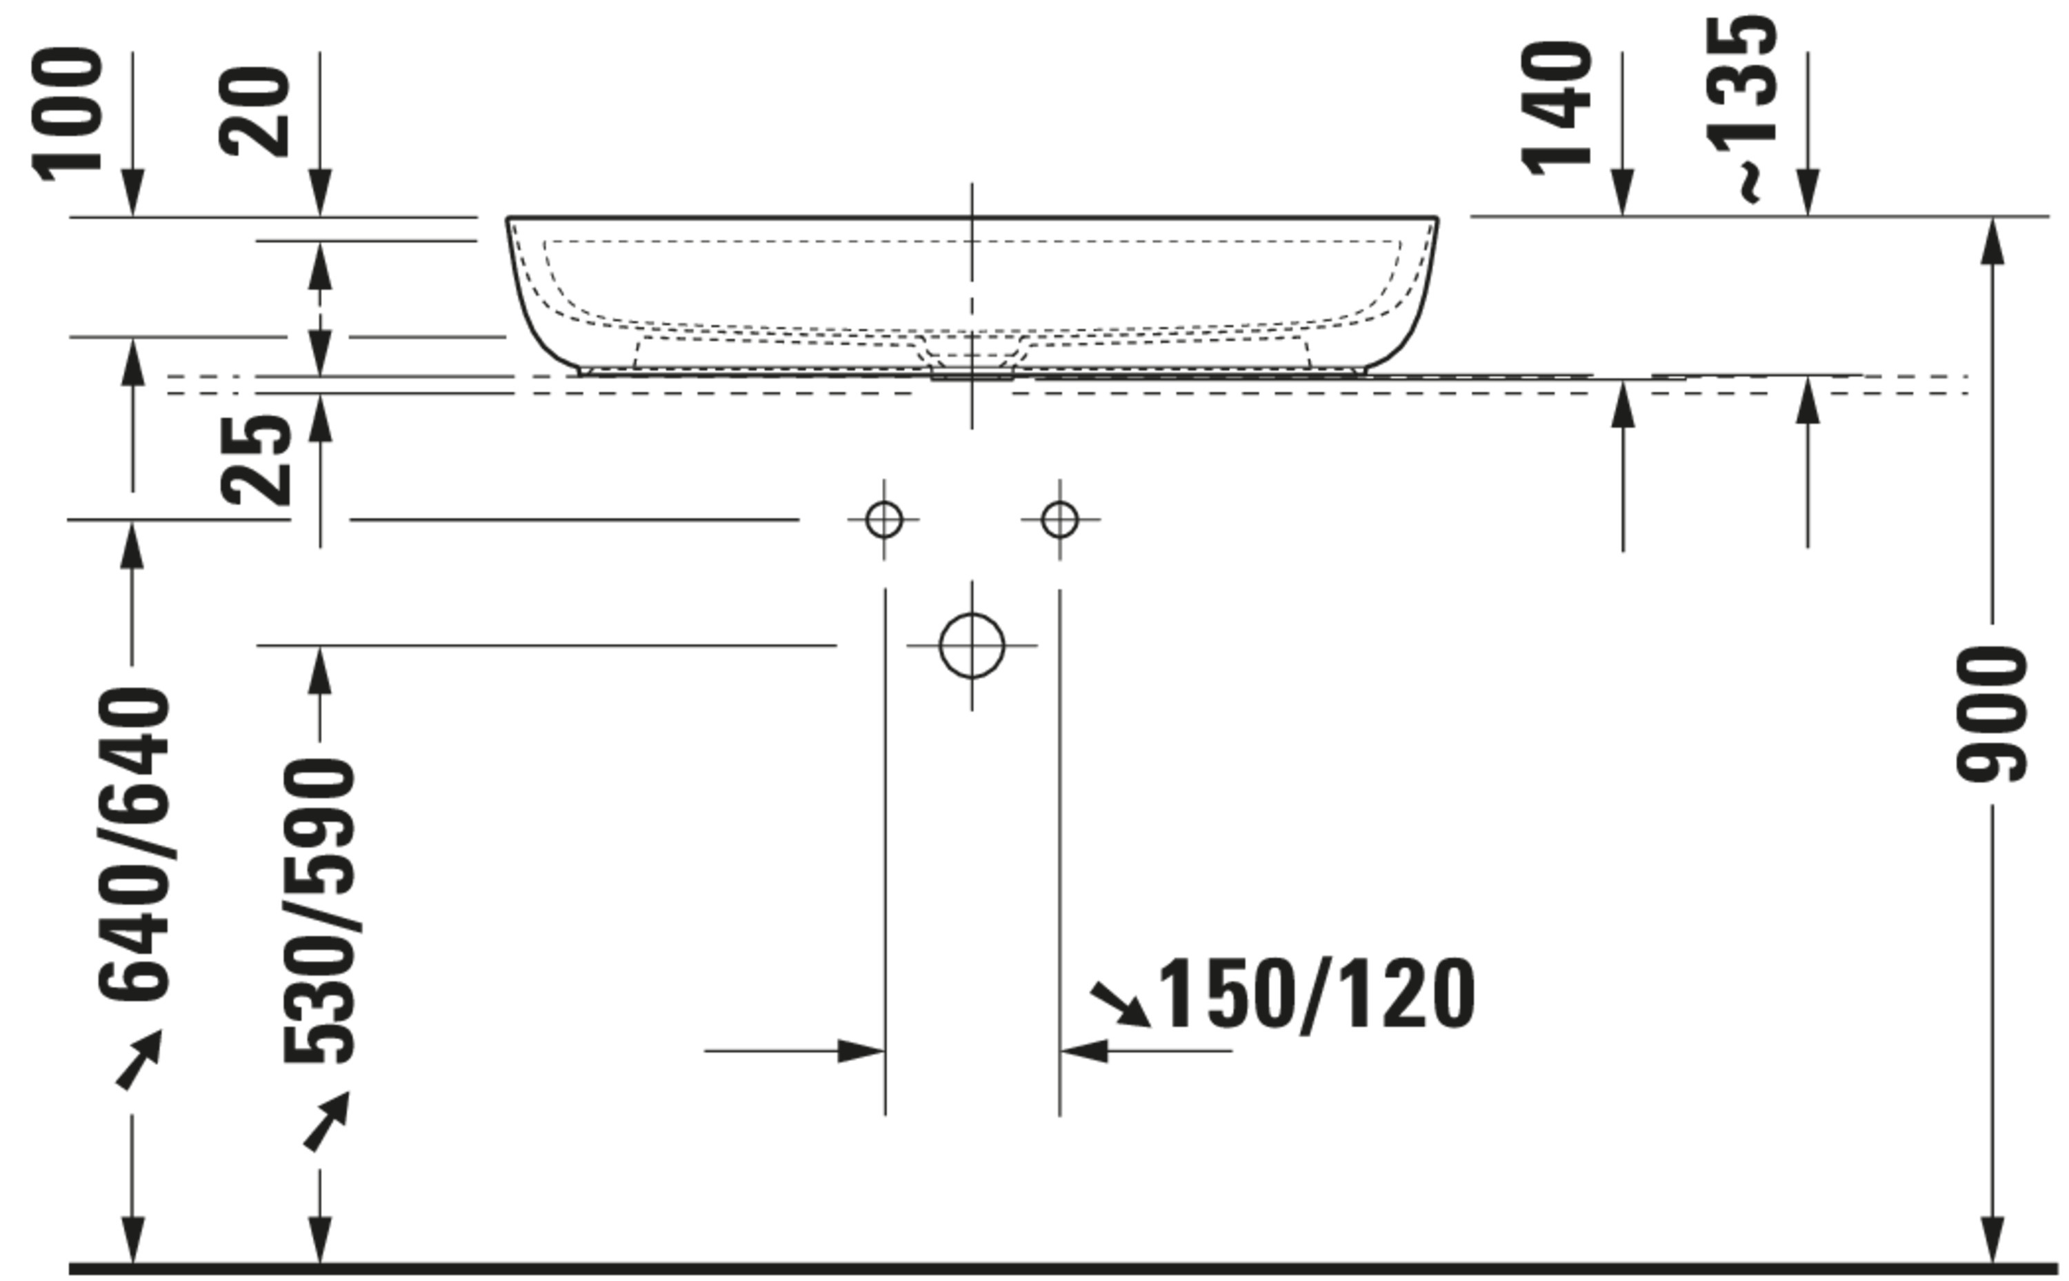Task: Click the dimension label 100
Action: [68, 115]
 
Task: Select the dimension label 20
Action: [254, 112]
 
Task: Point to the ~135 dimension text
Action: [1743, 108]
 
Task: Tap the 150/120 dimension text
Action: [1315, 995]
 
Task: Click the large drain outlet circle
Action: [972, 646]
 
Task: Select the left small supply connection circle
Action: [884, 519]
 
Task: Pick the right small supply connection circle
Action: [1059, 519]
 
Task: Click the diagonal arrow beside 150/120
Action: [1119, 1004]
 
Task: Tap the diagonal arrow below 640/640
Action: [139, 1059]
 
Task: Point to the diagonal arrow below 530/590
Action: [327, 1121]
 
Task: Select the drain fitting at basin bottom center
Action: [972, 373]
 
